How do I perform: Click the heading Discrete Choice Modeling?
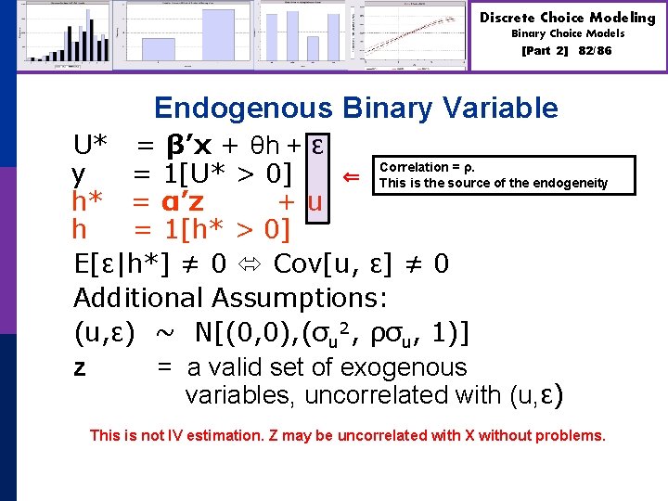point(568,18)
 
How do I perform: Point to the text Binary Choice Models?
point(568,33)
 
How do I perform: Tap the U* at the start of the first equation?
point(94,145)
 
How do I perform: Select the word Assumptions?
point(299,298)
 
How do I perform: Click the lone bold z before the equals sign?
point(80,368)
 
